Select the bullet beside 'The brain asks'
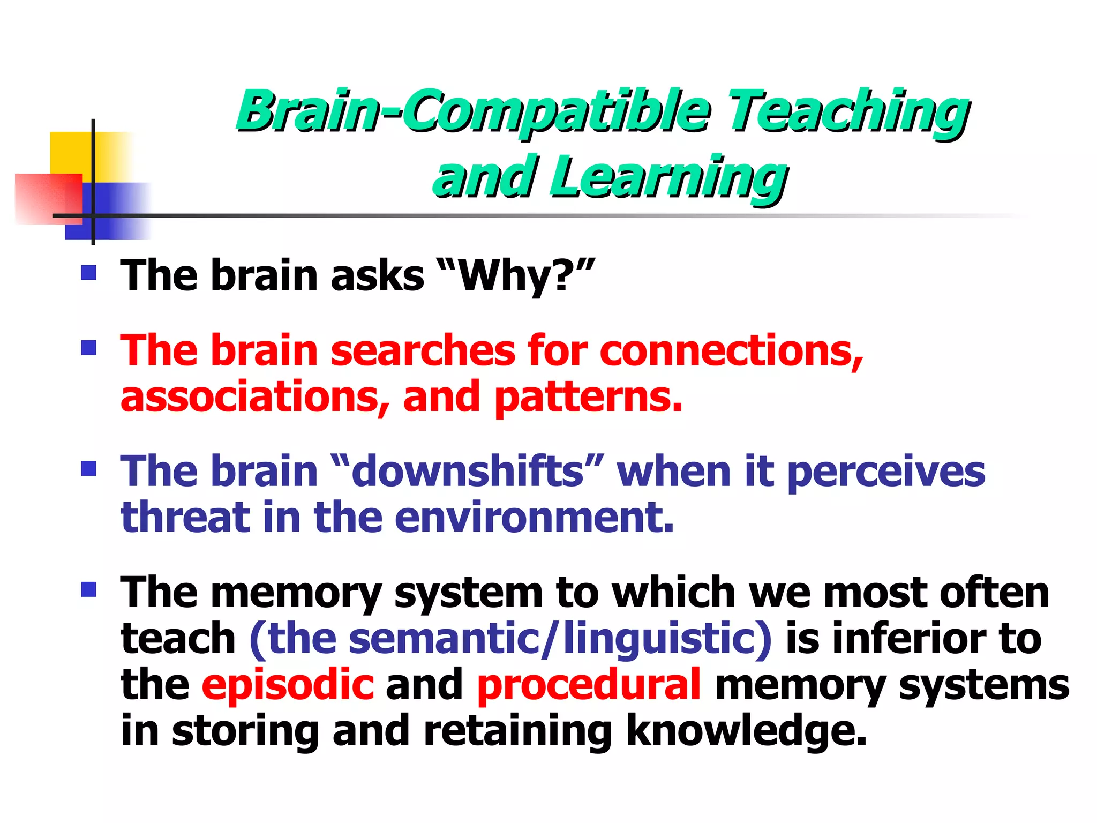[x=88, y=273]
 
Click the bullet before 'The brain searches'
[x=88, y=348]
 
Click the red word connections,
[x=731, y=351]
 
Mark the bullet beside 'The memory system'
[x=88, y=590]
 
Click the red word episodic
[x=287, y=685]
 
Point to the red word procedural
[x=588, y=685]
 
